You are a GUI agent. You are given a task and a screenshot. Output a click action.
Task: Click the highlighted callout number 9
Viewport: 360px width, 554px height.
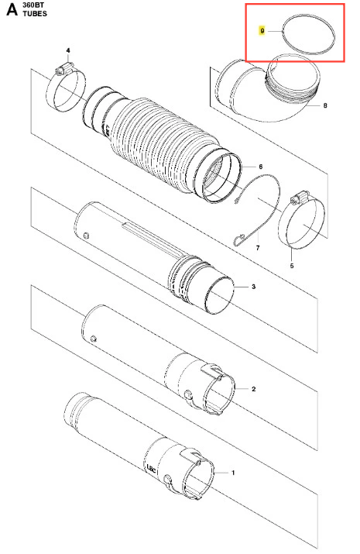pyautogui.click(x=262, y=31)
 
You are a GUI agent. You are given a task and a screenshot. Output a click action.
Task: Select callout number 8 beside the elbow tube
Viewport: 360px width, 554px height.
pyautogui.click(x=325, y=105)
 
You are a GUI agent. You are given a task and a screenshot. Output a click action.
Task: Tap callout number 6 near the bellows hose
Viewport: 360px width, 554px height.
pyautogui.click(x=261, y=167)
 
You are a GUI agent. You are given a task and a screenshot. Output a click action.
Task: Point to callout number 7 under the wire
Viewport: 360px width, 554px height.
pyautogui.click(x=258, y=248)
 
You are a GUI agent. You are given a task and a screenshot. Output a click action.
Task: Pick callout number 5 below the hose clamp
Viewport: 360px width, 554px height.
pyautogui.click(x=292, y=266)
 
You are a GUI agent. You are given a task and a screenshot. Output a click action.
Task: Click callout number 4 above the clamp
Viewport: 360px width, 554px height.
pyautogui.click(x=68, y=50)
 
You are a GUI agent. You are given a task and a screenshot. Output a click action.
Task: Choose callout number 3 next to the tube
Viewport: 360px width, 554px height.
pyautogui.click(x=253, y=287)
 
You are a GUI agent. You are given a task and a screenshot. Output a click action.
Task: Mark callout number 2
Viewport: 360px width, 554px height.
pyautogui.click(x=253, y=389)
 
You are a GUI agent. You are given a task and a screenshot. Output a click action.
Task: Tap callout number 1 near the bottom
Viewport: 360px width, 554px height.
pyautogui.click(x=232, y=473)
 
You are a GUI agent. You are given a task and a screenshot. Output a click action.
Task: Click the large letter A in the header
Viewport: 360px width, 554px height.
pyautogui.click(x=12, y=9)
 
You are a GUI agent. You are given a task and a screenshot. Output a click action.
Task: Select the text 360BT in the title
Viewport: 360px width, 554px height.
pyautogui.click(x=33, y=5)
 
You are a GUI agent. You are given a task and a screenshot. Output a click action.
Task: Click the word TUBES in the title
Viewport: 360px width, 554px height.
pyautogui.click(x=35, y=14)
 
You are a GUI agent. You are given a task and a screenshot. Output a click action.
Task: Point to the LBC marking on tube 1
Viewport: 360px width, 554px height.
pyautogui.click(x=151, y=467)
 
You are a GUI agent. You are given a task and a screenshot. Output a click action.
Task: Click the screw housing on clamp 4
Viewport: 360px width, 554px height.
pyautogui.click(x=64, y=68)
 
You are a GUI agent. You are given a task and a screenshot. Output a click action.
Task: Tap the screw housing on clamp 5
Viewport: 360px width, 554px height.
pyautogui.click(x=299, y=198)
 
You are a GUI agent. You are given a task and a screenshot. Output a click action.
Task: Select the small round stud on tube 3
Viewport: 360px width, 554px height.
pyautogui.click(x=85, y=235)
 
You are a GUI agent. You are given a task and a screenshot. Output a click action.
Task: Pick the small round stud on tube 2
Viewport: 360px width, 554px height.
pyautogui.click(x=93, y=338)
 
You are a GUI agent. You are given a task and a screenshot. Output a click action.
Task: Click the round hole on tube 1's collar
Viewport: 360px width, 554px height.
pyautogui.click(x=168, y=479)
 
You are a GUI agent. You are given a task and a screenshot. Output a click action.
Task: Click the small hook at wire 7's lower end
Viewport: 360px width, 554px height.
pyautogui.click(x=238, y=240)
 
